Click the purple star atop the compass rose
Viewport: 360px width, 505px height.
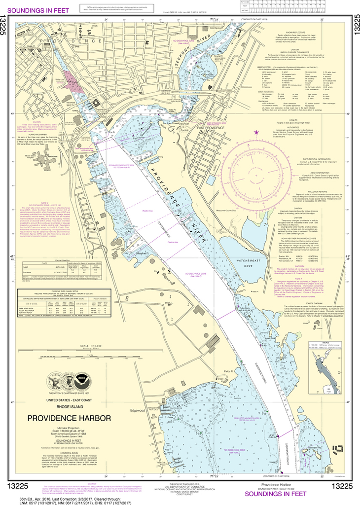[256, 132]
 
